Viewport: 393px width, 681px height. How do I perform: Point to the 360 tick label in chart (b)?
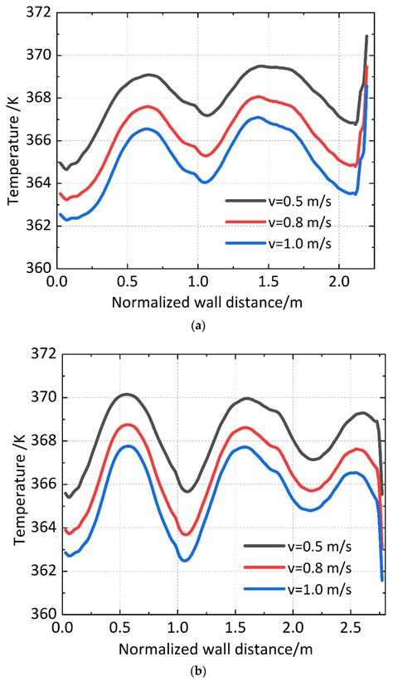(38, 615)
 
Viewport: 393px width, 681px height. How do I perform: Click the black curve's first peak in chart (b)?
(125, 394)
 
